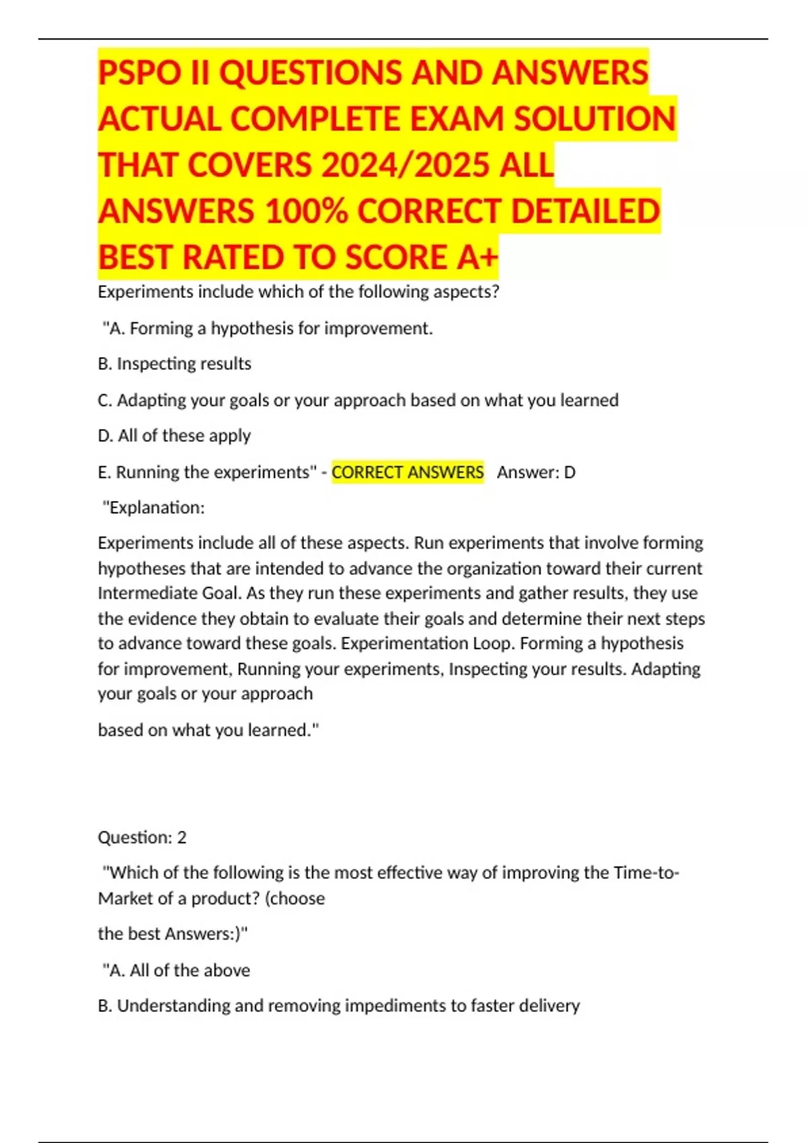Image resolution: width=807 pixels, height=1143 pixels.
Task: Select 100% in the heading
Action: (306, 211)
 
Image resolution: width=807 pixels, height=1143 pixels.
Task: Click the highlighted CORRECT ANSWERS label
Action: (408, 472)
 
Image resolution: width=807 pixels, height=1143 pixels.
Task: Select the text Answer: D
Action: (536, 472)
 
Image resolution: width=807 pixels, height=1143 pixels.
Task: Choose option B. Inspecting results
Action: (174, 364)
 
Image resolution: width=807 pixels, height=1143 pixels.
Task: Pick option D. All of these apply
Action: (174, 436)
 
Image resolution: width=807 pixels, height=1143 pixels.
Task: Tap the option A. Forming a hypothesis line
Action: (268, 328)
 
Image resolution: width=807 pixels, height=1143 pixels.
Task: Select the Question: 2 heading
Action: (142, 837)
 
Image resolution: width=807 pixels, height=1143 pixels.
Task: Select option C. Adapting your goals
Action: (358, 400)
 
